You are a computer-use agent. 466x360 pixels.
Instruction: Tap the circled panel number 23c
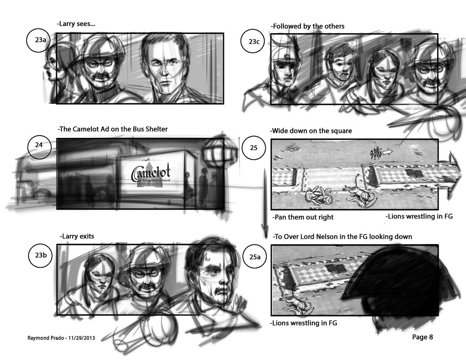click(x=254, y=41)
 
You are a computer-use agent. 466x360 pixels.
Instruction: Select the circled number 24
click(x=39, y=145)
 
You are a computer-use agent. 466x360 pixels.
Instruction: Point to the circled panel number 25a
click(x=255, y=257)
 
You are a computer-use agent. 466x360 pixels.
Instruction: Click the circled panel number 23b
click(x=41, y=255)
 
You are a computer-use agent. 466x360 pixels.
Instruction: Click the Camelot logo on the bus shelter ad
click(x=151, y=174)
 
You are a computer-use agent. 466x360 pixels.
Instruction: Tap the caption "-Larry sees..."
click(x=76, y=24)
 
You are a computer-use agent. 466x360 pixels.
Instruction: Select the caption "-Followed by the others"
click(x=307, y=26)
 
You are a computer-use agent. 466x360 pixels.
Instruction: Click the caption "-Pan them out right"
click(x=303, y=217)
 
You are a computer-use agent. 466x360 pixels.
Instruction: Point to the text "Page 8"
click(x=422, y=337)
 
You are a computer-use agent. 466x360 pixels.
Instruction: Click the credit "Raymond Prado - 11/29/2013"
click(x=61, y=338)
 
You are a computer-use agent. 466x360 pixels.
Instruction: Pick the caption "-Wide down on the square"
click(x=311, y=131)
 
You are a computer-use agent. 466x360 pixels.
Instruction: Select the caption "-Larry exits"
click(x=77, y=236)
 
